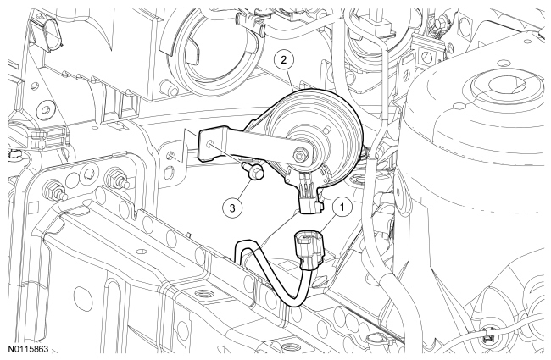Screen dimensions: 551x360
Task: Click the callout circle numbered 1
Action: pos(342,207)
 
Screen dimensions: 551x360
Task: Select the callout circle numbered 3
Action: pos(232,208)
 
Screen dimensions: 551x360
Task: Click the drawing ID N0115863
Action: pos(29,350)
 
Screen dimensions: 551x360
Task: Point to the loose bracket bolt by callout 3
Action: pos(253,170)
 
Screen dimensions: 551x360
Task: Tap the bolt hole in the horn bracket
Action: pos(209,143)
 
